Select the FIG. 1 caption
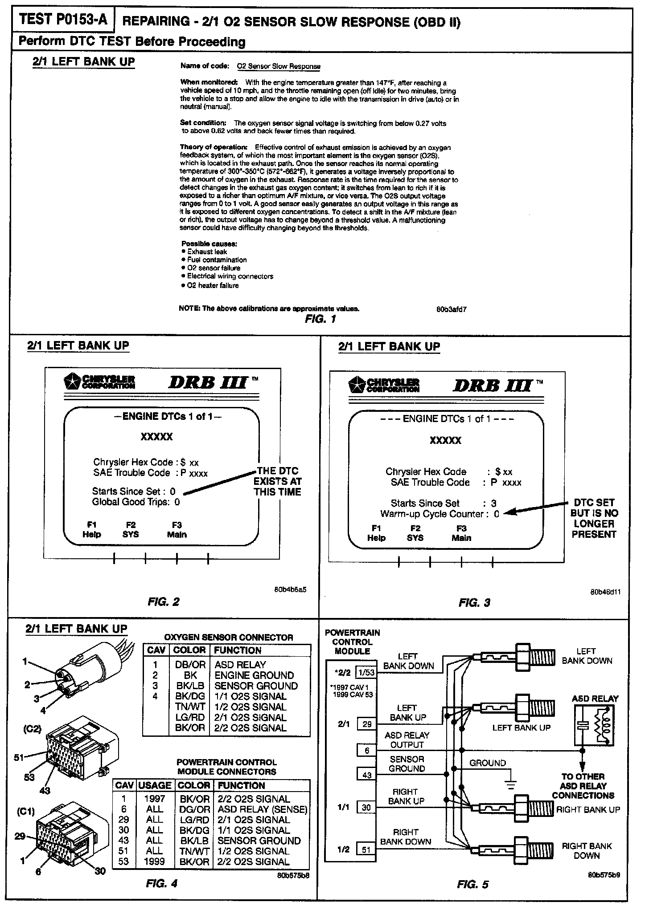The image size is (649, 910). (x=321, y=319)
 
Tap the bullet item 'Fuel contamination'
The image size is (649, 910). (x=217, y=260)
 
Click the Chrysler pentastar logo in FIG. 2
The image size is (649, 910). (x=72, y=382)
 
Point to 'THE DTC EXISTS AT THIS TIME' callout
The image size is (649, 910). (x=277, y=481)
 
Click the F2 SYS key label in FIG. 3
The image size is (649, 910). (x=415, y=533)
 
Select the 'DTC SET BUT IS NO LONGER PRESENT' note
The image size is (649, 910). (x=594, y=518)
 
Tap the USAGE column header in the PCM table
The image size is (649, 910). (x=155, y=785)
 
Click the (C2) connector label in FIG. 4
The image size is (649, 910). (x=33, y=729)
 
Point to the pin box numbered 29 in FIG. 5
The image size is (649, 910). (x=366, y=724)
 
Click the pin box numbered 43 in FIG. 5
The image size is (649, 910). (x=366, y=775)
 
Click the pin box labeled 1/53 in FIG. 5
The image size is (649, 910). (x=366, y=672)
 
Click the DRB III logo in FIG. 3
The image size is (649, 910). (x=492, y=384)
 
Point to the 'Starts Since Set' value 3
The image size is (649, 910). (x=494, y=504)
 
